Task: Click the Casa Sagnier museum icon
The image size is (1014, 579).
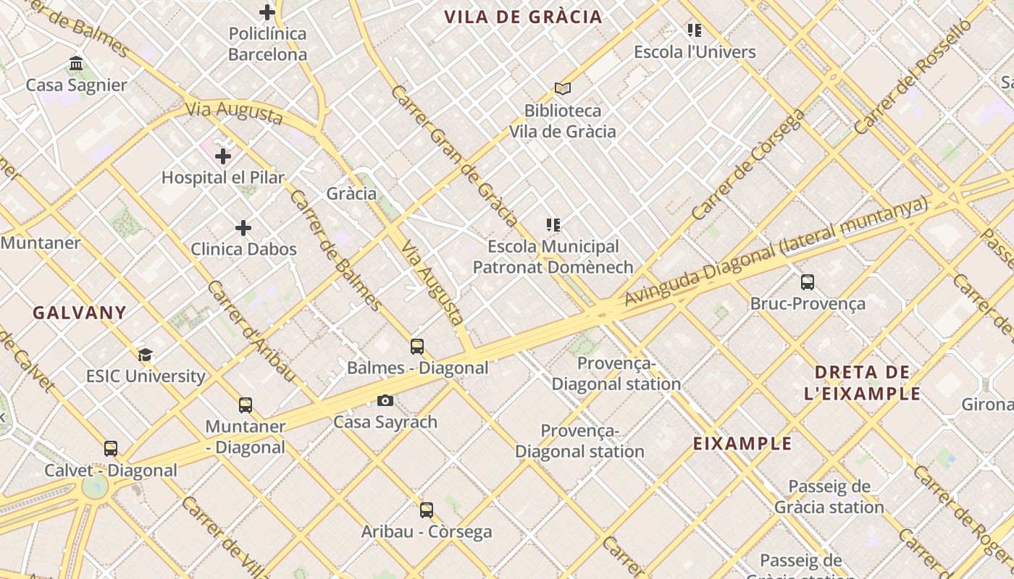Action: click(x=76, y=64)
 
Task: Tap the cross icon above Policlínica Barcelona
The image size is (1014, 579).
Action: click(x=267, y=12)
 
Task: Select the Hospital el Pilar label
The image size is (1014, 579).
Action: click(x=222, y=177)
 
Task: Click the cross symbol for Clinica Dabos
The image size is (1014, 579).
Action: click(x=243, y=228)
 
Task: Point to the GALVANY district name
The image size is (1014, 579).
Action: click(x=80, y=313)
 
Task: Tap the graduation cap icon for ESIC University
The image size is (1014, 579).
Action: click(x=146, y=355)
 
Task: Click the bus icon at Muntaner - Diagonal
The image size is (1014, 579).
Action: click(x=246, y=405)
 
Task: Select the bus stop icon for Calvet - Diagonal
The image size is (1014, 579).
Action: click(x=111, y=449)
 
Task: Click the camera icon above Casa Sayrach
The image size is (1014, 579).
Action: click(x=385, y=400)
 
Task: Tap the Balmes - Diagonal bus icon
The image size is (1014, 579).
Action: click(x=417, y=346)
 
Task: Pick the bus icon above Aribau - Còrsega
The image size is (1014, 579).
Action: click(x=427, y=510)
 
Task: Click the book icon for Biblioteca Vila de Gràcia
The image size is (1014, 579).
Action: click(x=563, y=88)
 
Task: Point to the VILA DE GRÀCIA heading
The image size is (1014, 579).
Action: click(x=523, y=17)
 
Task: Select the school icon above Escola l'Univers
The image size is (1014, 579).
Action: click(x=695, y=30)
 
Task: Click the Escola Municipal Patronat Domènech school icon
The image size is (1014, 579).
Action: click(x=554, y=225)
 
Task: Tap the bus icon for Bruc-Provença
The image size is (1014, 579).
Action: click(x=808, y=282)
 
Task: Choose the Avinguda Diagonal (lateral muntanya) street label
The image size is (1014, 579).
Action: click(x=775, y=250)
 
